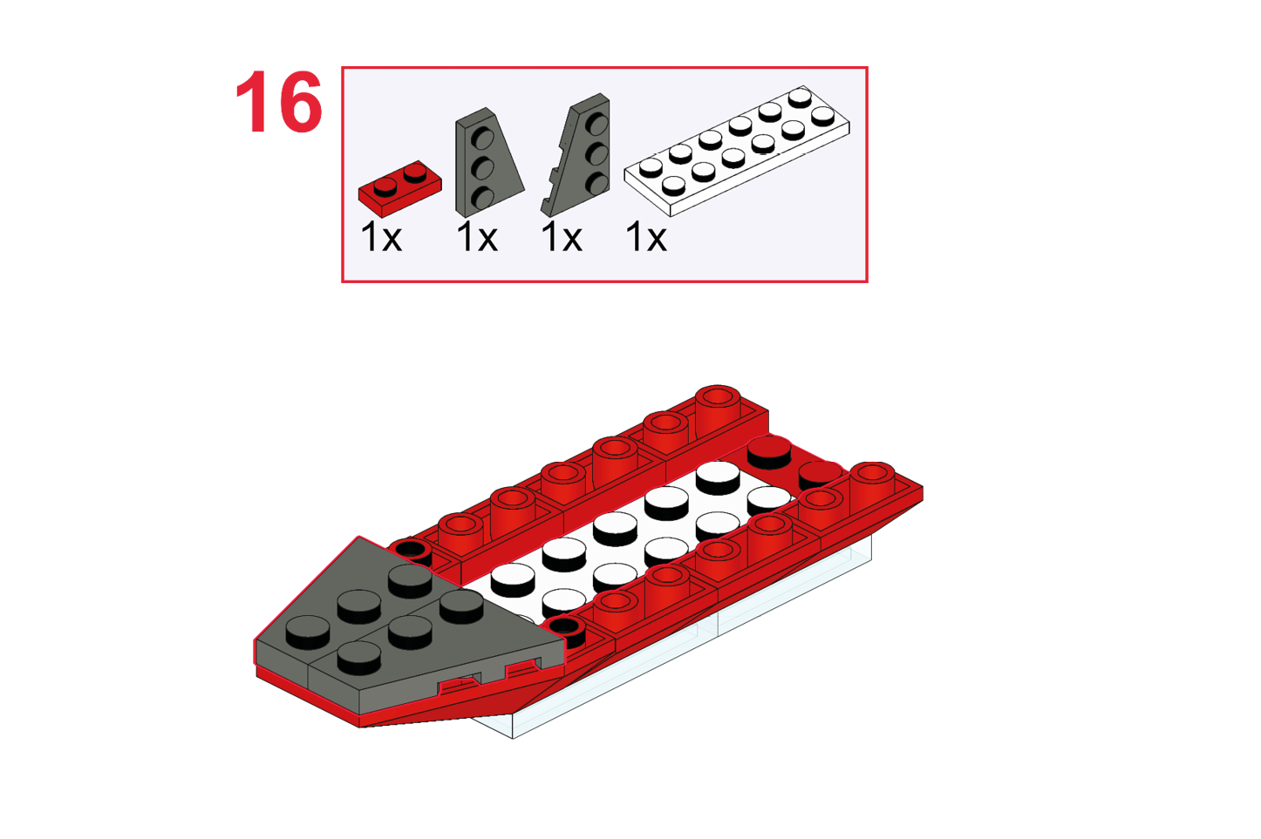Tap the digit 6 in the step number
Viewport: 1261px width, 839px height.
coord(298,102)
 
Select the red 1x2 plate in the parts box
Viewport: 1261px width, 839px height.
coord(399,188)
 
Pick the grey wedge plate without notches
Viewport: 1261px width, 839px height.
coord(487,162)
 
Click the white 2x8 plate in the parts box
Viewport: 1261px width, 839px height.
coord(737,151)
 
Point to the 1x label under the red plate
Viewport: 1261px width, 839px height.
coord(381,237)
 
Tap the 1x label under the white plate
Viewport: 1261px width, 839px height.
coord(646,237)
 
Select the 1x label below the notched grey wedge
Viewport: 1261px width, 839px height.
coord(562,237)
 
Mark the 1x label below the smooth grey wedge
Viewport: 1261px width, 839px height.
coord(477,237)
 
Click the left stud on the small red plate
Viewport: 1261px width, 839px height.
coord(385,186)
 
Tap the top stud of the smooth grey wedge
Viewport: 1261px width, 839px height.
coord(482,137)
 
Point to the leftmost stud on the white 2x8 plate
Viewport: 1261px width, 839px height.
coord(651,167)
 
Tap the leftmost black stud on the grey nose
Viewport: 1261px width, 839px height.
coord(308,632)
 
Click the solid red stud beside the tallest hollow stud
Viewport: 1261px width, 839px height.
coord(769,452)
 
